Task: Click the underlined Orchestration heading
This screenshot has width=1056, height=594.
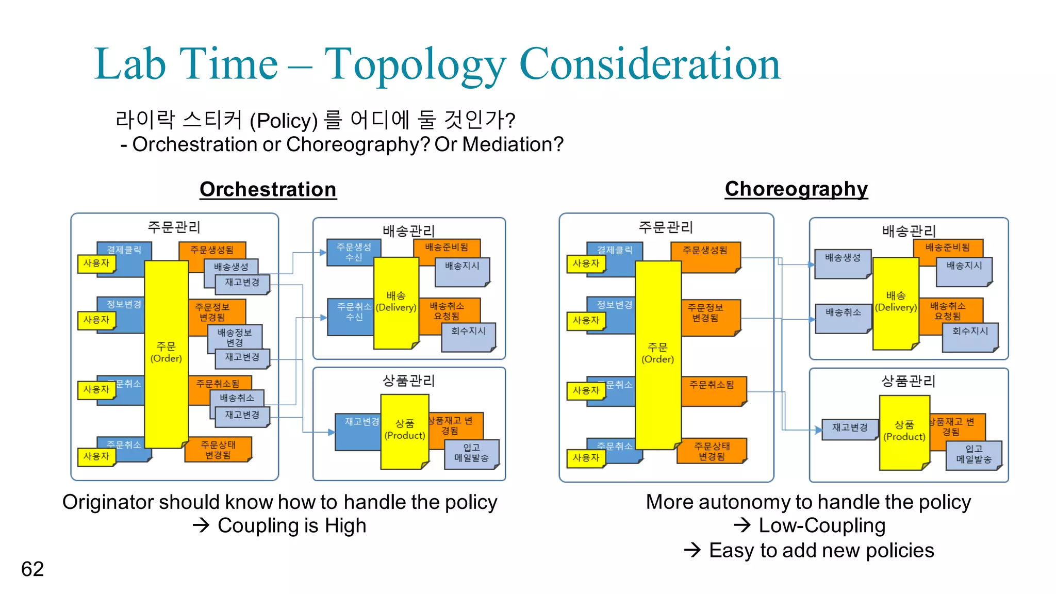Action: tap(268, 189)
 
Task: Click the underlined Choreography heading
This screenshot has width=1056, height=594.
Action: tap(796, 189)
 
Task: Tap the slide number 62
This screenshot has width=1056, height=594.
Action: tap(32, 569)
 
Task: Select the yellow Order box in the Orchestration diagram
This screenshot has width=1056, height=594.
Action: tap(166, 353)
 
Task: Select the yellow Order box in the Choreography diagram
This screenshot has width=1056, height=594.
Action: tap(658, 354)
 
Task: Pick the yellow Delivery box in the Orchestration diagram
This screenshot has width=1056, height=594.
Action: tap(396, 302)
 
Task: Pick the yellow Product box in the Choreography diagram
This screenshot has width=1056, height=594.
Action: tap(904, 431)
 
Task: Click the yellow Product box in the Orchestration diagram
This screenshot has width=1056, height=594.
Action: tap(405, 430)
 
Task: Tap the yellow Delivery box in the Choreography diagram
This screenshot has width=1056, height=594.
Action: tap(896, 302)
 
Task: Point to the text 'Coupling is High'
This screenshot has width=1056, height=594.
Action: tap(291, 526)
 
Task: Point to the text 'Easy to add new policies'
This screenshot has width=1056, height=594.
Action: tap(821, 550)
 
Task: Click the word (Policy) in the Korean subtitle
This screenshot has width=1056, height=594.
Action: tap(284, 121)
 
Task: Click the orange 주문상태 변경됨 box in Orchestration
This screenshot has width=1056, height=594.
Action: tap(218, 450)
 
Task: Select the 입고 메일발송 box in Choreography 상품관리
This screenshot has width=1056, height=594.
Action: tap(973, 454)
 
